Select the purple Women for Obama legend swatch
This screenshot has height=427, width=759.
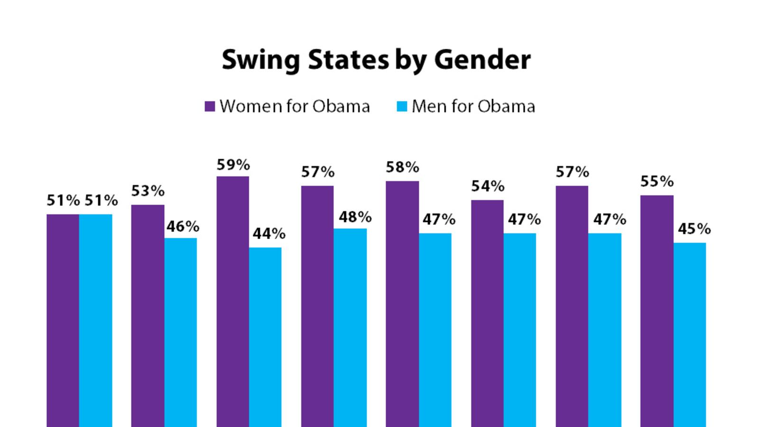click(210, 106)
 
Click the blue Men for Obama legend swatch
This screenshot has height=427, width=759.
click(402, 106)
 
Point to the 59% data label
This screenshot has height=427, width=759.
click(233, 165)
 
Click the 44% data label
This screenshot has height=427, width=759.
click(269, 233)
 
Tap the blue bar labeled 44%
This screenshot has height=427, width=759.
click(265, 337)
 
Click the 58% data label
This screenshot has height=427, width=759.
click(402, 167)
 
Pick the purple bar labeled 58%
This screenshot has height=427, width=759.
click(402, 304)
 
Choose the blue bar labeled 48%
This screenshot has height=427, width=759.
click(350, 327)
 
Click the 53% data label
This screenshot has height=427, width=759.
click(148, 191)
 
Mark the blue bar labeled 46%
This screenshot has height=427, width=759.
click(181, 332)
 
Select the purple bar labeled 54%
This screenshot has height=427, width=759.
click(487, 313)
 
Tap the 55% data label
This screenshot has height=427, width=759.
click(657, 181)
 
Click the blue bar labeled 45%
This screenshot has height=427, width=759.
click(690, 334)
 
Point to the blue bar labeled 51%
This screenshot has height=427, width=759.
click(96, 320)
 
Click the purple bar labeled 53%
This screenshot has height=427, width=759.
click(148, 316)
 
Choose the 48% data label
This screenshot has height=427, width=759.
click(355, 217)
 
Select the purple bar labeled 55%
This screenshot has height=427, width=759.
click(657, 311)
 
